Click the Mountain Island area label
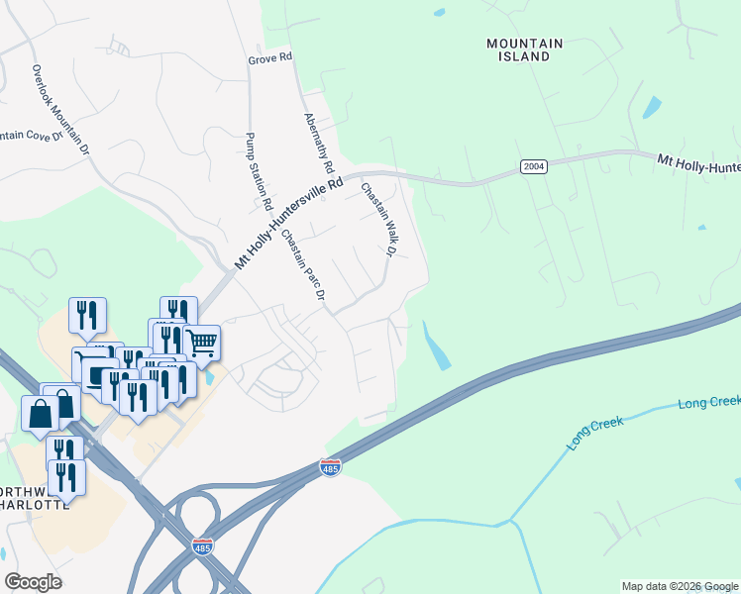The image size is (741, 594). click(x=525, y=50)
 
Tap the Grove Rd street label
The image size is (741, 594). click(x=270, y=58)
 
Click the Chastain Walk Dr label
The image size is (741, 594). click(x=377, y=220)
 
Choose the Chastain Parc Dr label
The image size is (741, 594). click(x=303, y=264)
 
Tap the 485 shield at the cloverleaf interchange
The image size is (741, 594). click(x=202, y=546)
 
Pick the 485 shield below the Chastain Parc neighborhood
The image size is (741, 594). click(x=331, y=466)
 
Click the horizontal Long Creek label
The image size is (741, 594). click(x=708, y=403)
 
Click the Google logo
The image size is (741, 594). click(x=33, y=581)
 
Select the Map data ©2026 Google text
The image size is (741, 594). click(x=680, y=586)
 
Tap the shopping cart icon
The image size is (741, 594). click(x=202, y=343)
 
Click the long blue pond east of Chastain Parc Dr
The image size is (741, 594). click(x=436, y=346)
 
